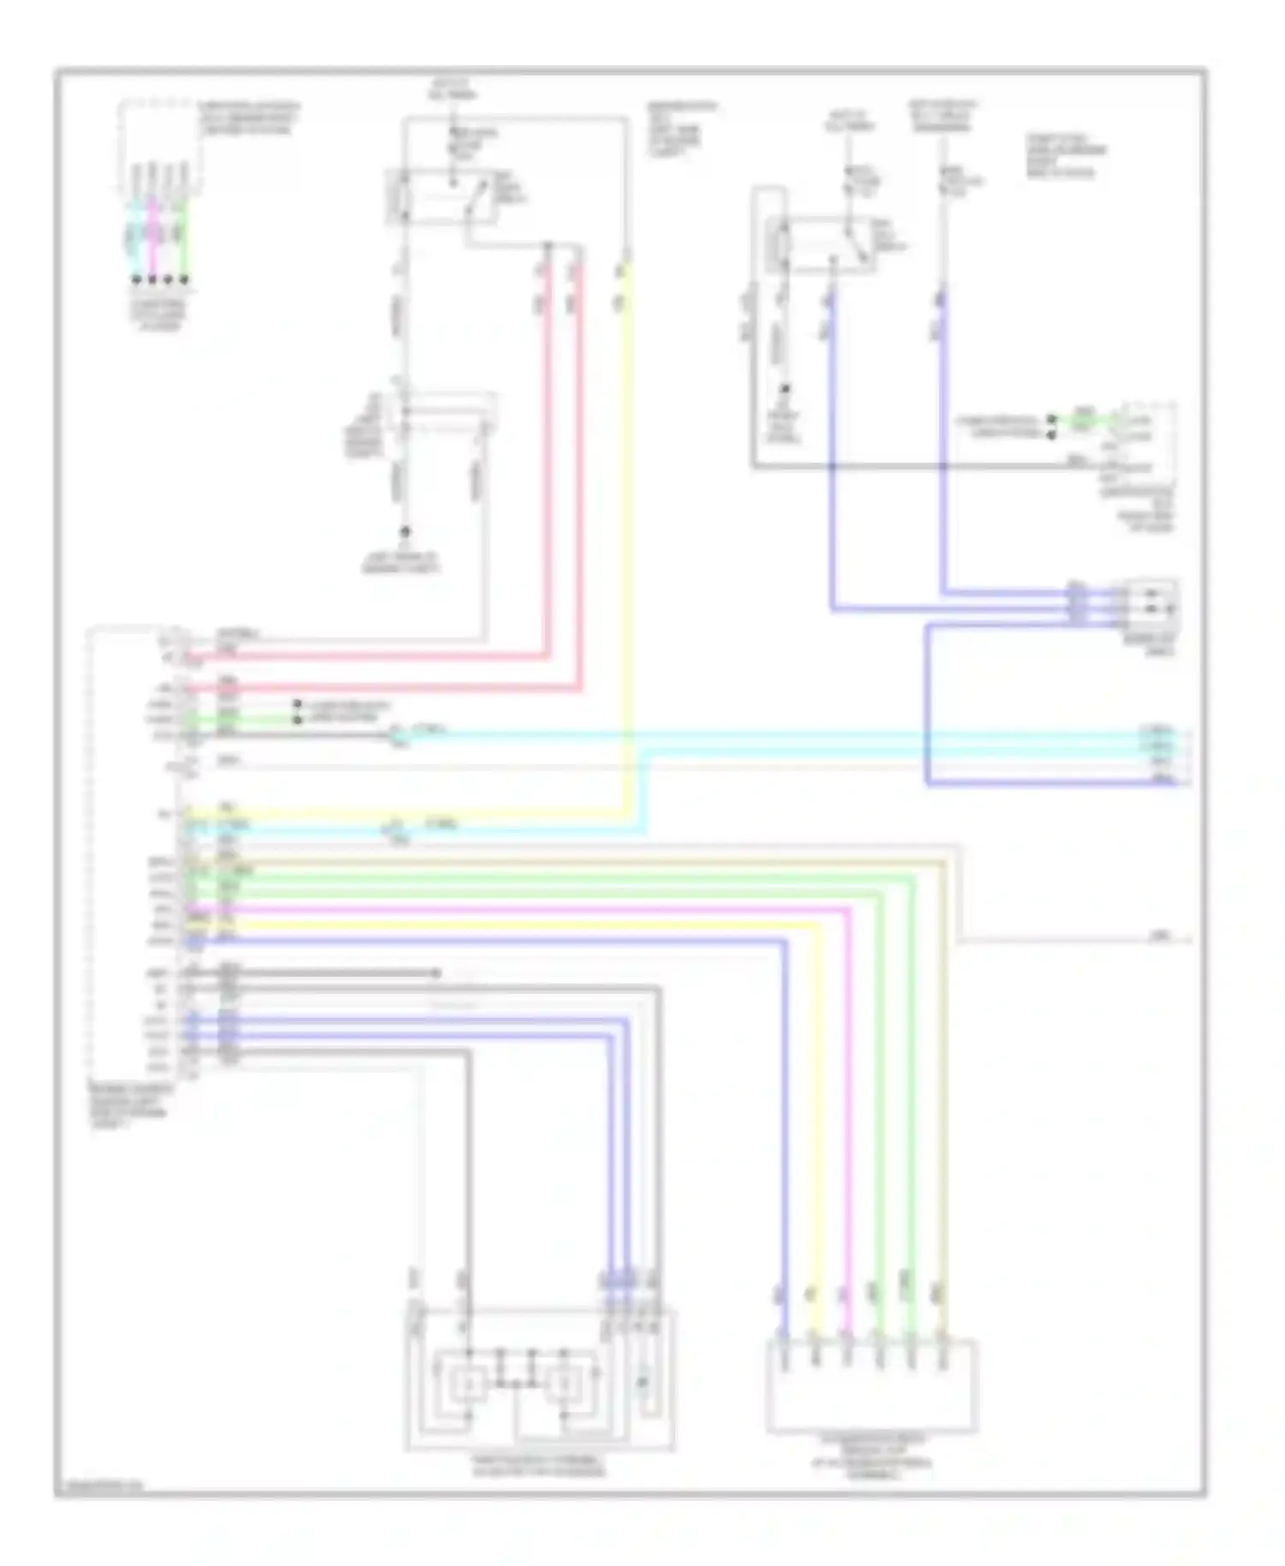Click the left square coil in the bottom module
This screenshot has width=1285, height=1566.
pos(468,1380)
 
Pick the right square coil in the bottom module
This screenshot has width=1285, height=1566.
pos(565,1380)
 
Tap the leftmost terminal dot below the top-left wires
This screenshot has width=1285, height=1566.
pos(136,279)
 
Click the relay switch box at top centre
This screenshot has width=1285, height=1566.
pos(442,197)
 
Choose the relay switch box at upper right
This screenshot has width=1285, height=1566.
pos(821,245)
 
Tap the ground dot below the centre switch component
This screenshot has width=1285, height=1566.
pos(406,532)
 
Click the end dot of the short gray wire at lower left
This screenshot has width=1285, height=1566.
pos(436,973)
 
